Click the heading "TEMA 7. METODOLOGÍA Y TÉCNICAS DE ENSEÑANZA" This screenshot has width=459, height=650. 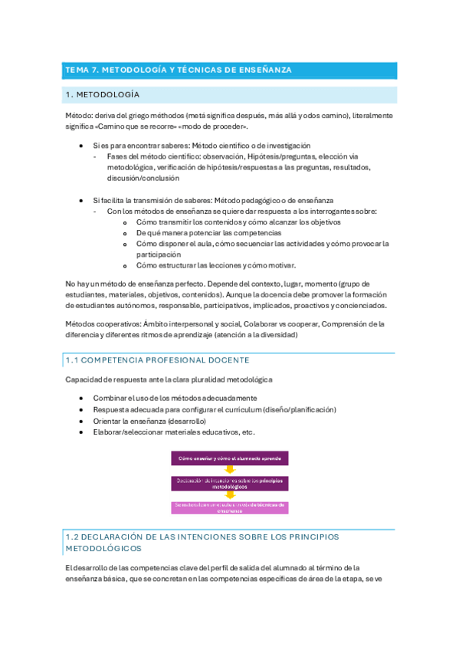tap(179, 71)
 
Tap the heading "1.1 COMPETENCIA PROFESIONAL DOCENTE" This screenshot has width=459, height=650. tap(157, 360)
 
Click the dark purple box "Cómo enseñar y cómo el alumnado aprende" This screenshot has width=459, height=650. tap(229, 458)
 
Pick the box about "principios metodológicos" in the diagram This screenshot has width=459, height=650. tap(229, 483)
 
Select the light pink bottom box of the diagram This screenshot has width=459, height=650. tap(229, 507)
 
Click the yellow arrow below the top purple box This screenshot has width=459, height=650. tap(229, 470)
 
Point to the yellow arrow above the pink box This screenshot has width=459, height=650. tap(229, 495)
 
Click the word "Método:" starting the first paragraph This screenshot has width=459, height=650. tap(77, 116)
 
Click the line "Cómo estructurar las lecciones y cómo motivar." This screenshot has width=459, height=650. tap(215, 265)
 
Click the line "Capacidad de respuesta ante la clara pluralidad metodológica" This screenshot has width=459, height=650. tap(168, 380)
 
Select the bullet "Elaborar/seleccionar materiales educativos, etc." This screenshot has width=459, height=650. tap(174, 432)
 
